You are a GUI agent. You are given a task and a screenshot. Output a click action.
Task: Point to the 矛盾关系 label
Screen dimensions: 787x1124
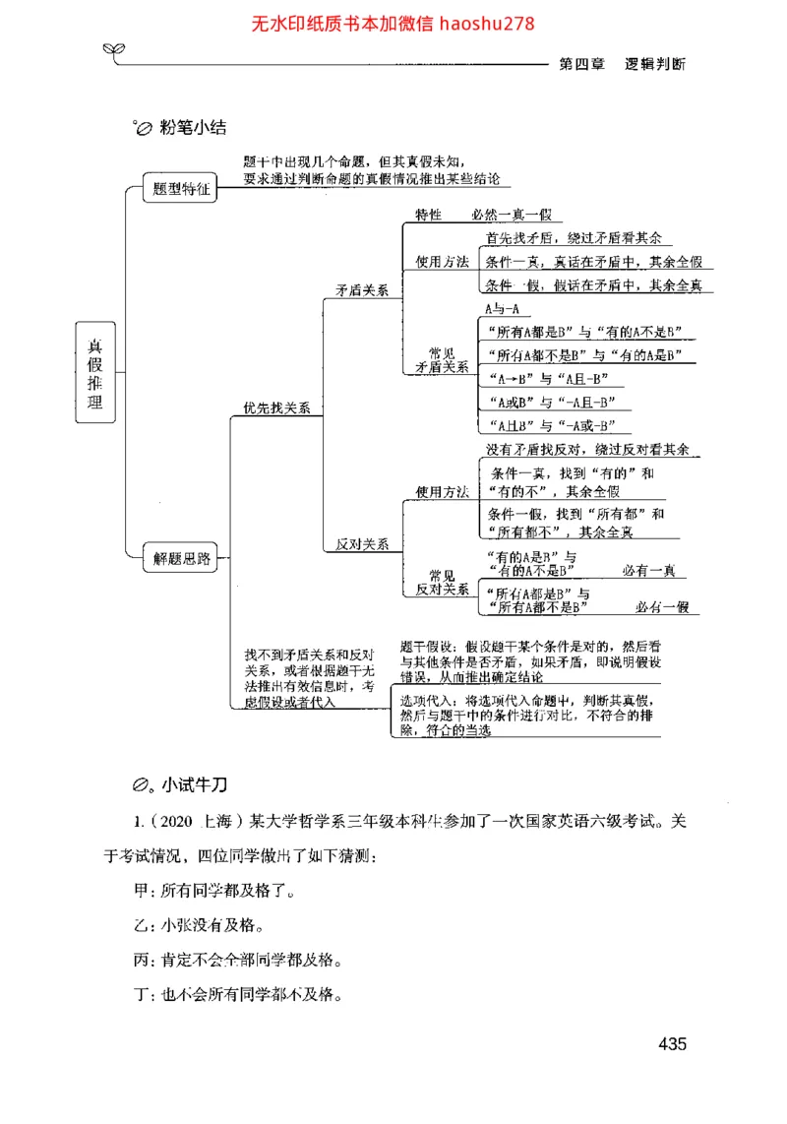point(362,290)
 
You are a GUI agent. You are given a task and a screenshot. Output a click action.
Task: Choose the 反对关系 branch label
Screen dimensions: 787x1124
point(362,543)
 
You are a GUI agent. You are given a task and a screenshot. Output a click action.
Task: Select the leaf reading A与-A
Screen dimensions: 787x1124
point(502,309)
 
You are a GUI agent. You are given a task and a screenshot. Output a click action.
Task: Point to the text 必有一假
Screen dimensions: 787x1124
point(661,607)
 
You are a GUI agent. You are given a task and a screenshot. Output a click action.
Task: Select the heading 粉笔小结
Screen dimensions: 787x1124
point(193,128)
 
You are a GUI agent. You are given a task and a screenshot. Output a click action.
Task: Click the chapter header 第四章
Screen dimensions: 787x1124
point(580,63)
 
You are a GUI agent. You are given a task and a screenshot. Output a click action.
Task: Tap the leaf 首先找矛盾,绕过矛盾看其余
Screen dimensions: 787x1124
point(574,239)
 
